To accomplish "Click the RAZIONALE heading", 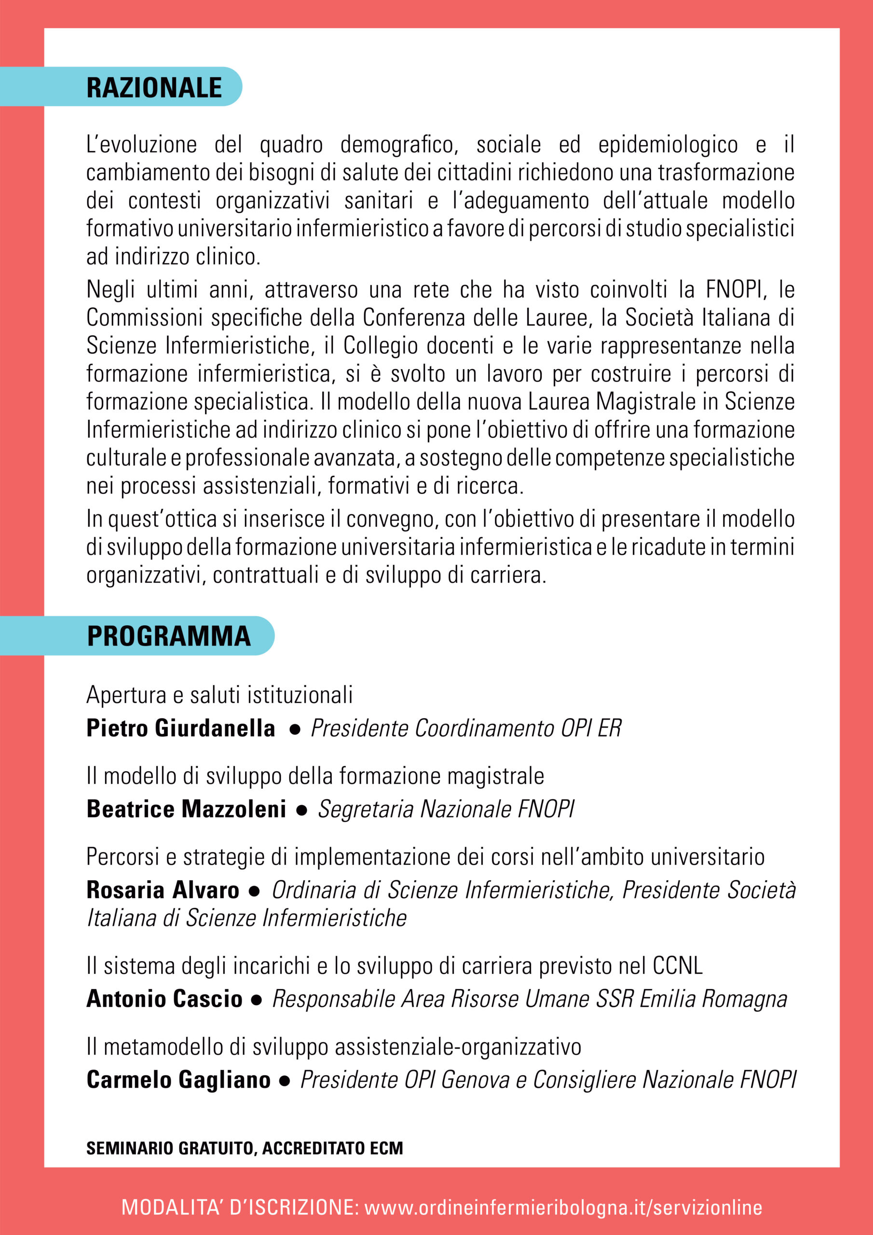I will pyautogui.click(x=154, y=88).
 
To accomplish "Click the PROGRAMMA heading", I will pyautogui.click(x=169, y=636).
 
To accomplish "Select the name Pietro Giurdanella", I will pyautogui.click(x=181, y=728).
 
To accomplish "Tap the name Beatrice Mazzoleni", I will pyautogui.click(x=186, y=809).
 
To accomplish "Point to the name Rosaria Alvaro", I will pyautogui.click(x=163, y=890).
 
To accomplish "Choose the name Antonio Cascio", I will pyautogui.click(x=164, y=999).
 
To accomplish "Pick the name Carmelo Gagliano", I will pyautogui.click(x=178, y=1080).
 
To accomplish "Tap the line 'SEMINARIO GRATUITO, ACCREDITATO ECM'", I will pyautogui.click(x=245, y=1148).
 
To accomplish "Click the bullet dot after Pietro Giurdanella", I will pyautogui.click(x=294, y=730).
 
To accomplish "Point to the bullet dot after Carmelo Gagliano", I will pyautogui.click(x=285, y=1081).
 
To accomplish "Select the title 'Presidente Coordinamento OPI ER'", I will pyautogui.click(x=466, y=728).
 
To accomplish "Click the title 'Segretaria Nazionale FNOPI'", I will pyautogui.click(x=446, y=809).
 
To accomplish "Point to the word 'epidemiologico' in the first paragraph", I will pyautogui.click(x=668, y=145).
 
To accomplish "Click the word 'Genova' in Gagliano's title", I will pyautogui.click(x=475, y=1080).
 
